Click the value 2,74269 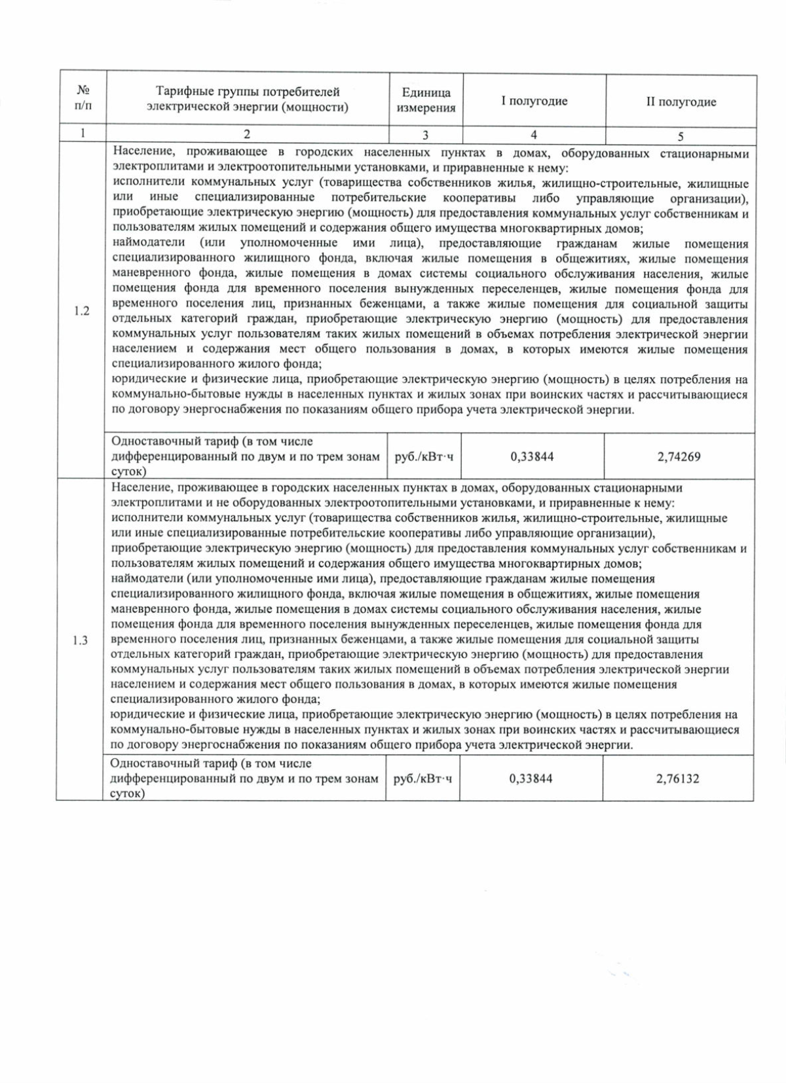679,456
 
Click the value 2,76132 677,779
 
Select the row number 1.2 81,311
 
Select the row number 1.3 80,640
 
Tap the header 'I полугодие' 534,101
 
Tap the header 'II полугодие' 681,101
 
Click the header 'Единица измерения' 425,100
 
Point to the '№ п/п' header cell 83,97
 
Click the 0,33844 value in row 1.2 532,456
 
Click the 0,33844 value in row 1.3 531,779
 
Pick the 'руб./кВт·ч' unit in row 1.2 424,456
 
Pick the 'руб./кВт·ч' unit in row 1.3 422,779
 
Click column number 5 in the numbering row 681,136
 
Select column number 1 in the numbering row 83,134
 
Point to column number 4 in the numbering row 534,134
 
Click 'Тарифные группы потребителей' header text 247,92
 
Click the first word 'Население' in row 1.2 140,153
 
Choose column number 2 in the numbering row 247,134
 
